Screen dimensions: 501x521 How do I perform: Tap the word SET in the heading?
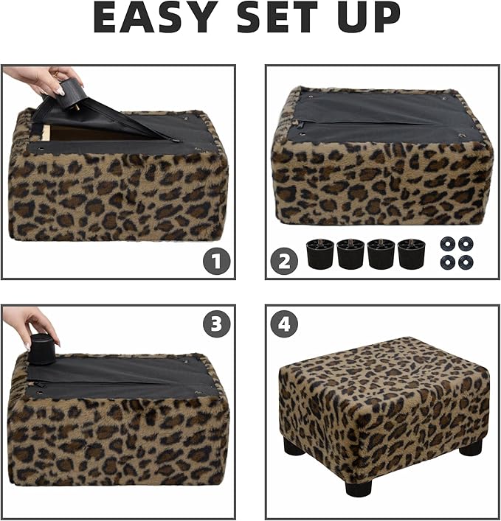[277, 18]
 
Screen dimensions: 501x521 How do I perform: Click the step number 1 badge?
[217, 261]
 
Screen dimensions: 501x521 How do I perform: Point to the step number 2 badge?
[284, 261]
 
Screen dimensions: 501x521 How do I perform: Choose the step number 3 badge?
[217, 324]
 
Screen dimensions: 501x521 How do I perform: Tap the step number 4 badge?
[284, 324]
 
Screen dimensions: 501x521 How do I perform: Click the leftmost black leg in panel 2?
[320, 253]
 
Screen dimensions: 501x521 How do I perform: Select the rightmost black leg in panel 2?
[412, 253]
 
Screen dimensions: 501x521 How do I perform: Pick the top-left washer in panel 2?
[448, 244]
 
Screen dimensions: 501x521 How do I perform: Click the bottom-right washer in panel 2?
[466, 262]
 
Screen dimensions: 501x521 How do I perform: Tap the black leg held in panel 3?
[41, 349]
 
